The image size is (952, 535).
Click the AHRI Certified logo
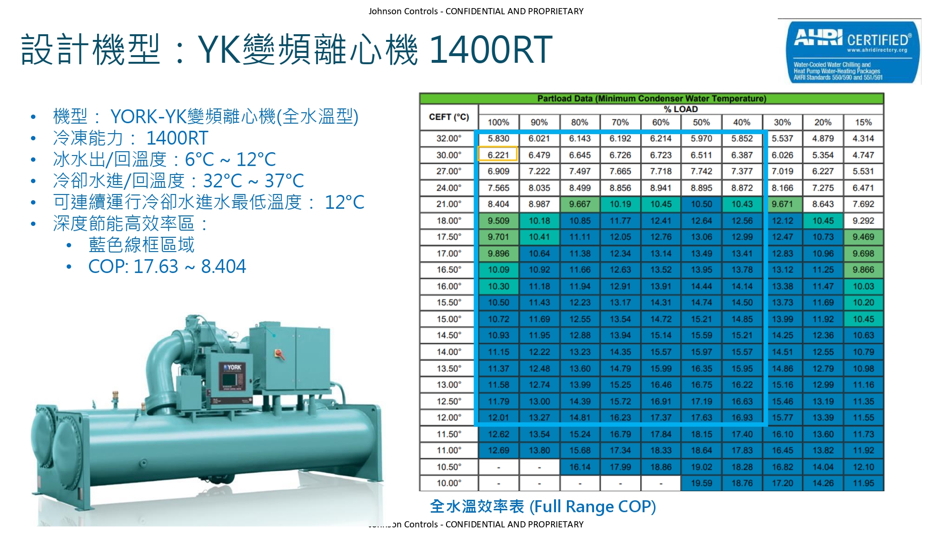coord(852,52)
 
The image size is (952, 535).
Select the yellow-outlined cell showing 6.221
coord(498,155)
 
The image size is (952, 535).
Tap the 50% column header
coord(701,122)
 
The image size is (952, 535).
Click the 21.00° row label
coord(449,204)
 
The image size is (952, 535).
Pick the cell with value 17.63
coord(701,418)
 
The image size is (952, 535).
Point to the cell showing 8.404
coord(498,204)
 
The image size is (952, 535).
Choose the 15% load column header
coord(863,122)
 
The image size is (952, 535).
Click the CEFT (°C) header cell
coord(449,117)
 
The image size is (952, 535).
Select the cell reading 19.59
coord(701,483)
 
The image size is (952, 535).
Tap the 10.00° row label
coord(449,483)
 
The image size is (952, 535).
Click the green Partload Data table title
coord(652,98)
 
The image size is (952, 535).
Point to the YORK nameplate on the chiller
coord(233,367)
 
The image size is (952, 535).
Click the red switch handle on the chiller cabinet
coord(280,354)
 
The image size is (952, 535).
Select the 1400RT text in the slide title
coord(490,49)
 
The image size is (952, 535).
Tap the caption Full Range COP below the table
coord(592,506)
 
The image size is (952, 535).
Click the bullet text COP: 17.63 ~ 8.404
coord(167,266)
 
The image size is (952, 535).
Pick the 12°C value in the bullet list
coord(345,202)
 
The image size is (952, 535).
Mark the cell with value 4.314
coord(863,138)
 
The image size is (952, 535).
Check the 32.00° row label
coord(449,138)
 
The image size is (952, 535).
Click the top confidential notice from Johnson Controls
coord(476,11)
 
